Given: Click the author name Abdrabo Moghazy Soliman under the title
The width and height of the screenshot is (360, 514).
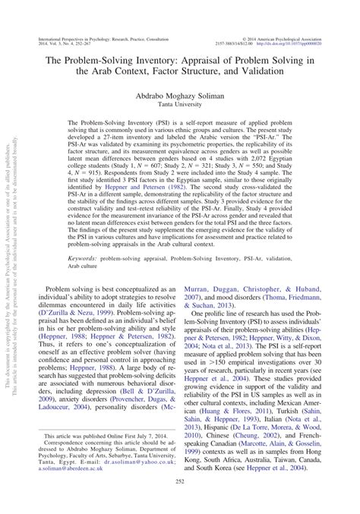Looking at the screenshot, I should point(180,96).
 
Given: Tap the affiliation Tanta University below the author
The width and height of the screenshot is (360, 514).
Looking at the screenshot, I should point(180,106).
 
